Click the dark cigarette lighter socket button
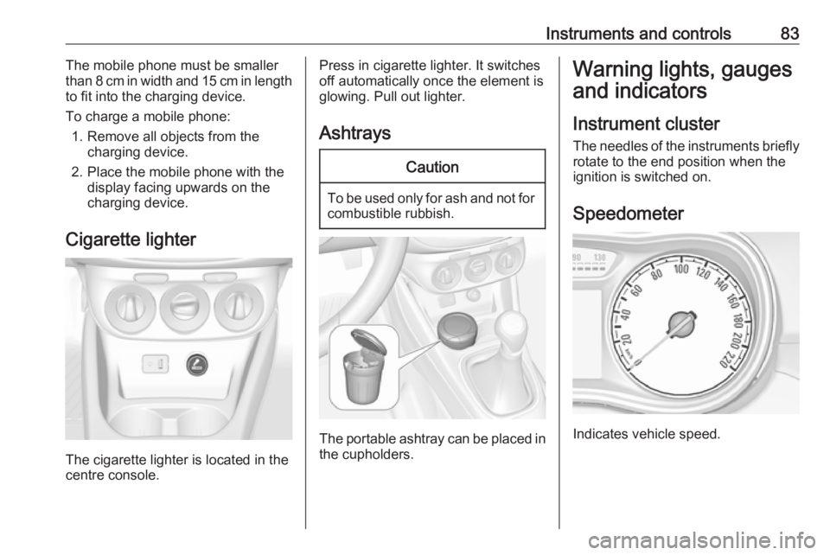[x=196, y=364]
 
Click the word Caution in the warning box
[x=431, y=166]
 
